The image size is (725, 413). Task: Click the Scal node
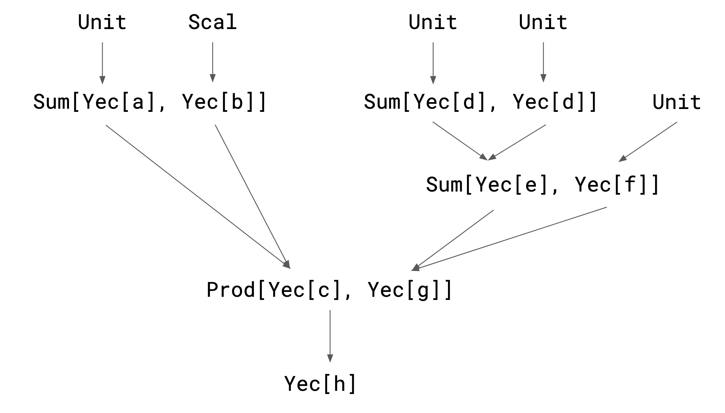click(x=213, y=22)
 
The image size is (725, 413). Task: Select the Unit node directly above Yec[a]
click(x=102, y=22)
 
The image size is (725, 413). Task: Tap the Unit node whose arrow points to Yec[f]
click(x=676, y=102)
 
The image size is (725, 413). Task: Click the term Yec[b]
click(x=219, y=102)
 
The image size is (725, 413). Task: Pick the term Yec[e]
click(x=511, y=185)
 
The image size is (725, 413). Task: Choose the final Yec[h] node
click(x=320, y=384)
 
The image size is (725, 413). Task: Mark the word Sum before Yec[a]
click(x=51, y=102)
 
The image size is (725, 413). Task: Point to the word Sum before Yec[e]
click(x=444, y=185)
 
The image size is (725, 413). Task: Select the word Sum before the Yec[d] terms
click(x=382, y=102)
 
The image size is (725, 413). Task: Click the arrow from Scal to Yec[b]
click(x=213, y=62)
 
